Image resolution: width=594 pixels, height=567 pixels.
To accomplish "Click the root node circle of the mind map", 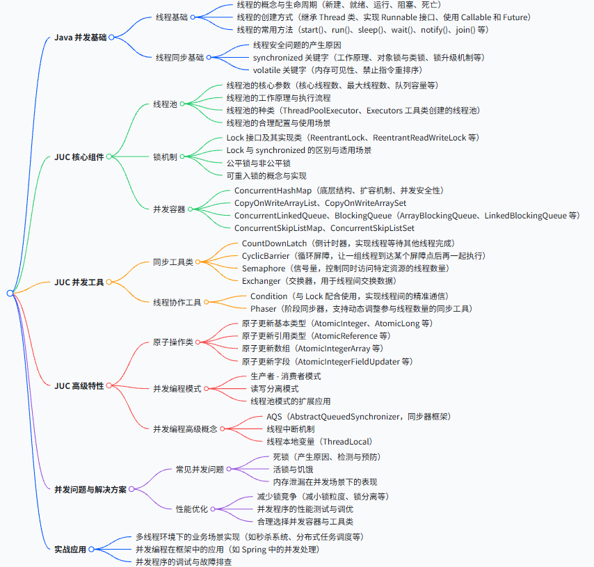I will [x=10, y=294].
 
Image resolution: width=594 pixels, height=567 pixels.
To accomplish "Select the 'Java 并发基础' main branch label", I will [x=80, y=37].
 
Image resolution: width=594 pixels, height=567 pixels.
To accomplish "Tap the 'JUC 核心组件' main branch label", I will [x=79, y=157].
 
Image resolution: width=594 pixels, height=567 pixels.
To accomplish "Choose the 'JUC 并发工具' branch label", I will [x=79, y=282].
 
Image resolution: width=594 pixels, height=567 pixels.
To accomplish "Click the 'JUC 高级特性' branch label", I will [x=79, y=385].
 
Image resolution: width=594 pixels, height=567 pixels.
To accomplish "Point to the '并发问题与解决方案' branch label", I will [x=90, y=490].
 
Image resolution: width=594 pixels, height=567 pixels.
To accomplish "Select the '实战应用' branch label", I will [x=70, y=549].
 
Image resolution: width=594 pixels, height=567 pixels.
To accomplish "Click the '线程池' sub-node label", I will [x=165, y=104].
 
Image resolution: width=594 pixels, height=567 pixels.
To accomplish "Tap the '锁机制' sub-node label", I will [x=165, y=157].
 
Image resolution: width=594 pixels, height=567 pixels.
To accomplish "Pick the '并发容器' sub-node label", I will [x=170, y=209].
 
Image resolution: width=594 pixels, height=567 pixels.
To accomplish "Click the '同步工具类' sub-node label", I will [x=174, y=262].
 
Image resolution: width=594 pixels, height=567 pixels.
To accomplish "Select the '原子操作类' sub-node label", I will [x=174, y=342].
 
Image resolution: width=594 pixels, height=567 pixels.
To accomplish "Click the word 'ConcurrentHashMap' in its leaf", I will [x=273, y=190].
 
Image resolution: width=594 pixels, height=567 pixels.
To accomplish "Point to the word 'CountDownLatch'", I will [x=274, y=243].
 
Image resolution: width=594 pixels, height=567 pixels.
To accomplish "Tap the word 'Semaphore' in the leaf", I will [x=264, y=269].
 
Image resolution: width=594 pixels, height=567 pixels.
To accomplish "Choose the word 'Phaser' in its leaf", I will [x=264, y=308].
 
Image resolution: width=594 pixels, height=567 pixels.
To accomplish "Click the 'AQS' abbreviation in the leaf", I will [x=275, y=416].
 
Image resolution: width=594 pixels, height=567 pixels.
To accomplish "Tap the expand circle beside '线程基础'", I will [x=193, y=17].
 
